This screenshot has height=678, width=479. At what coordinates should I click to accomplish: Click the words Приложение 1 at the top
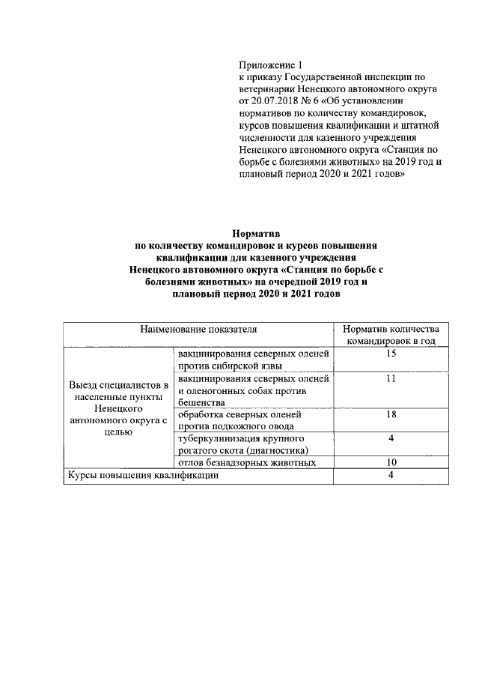pos(269,67)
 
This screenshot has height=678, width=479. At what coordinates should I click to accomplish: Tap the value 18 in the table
pos(391,414)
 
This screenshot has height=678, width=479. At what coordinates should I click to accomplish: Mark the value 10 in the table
pos(391,462)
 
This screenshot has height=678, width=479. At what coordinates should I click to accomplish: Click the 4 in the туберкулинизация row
pos(391,438)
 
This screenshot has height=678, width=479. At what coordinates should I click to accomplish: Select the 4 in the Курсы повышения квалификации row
pos(391,476)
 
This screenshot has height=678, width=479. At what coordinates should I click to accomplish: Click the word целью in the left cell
pos(118,433)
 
